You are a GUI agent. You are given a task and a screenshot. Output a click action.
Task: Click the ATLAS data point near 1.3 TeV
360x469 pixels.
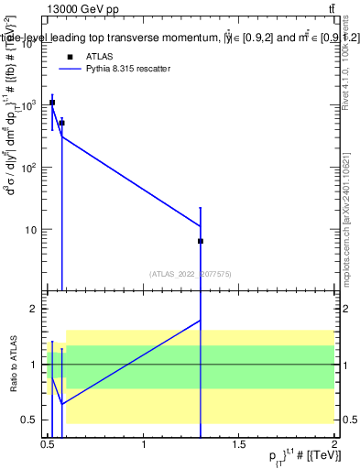pos(201,241)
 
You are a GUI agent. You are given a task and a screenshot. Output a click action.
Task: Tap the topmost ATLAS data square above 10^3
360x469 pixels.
pos(52,103)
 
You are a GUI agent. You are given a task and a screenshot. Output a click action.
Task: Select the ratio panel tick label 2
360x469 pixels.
pos(35,310)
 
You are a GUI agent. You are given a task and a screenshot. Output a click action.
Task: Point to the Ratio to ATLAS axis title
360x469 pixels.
pos(15,365)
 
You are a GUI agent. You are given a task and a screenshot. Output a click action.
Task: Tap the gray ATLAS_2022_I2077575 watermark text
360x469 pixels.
pos(191,273)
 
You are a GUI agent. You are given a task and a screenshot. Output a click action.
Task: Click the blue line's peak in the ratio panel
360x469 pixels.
pos(201,320)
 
